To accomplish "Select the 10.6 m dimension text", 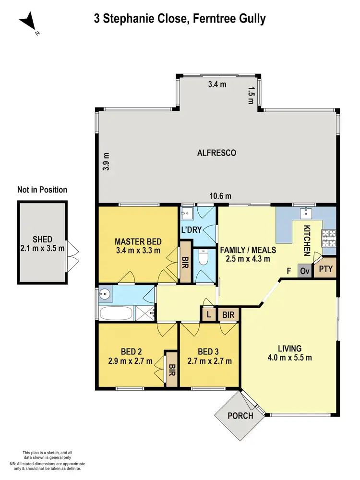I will tap(221, 196).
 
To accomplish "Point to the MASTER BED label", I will tap(138, 241).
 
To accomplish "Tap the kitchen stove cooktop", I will tap(329, 236).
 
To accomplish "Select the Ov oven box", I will tap(304, 270).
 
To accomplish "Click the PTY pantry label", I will tap(325, 269).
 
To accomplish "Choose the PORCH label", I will tap(240, 416).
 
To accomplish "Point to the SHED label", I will tap(42, 240).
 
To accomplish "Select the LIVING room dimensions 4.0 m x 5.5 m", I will tap(289, 358).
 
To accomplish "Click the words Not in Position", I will tap(42, 190).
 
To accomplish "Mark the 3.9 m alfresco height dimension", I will tap(106, 162).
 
